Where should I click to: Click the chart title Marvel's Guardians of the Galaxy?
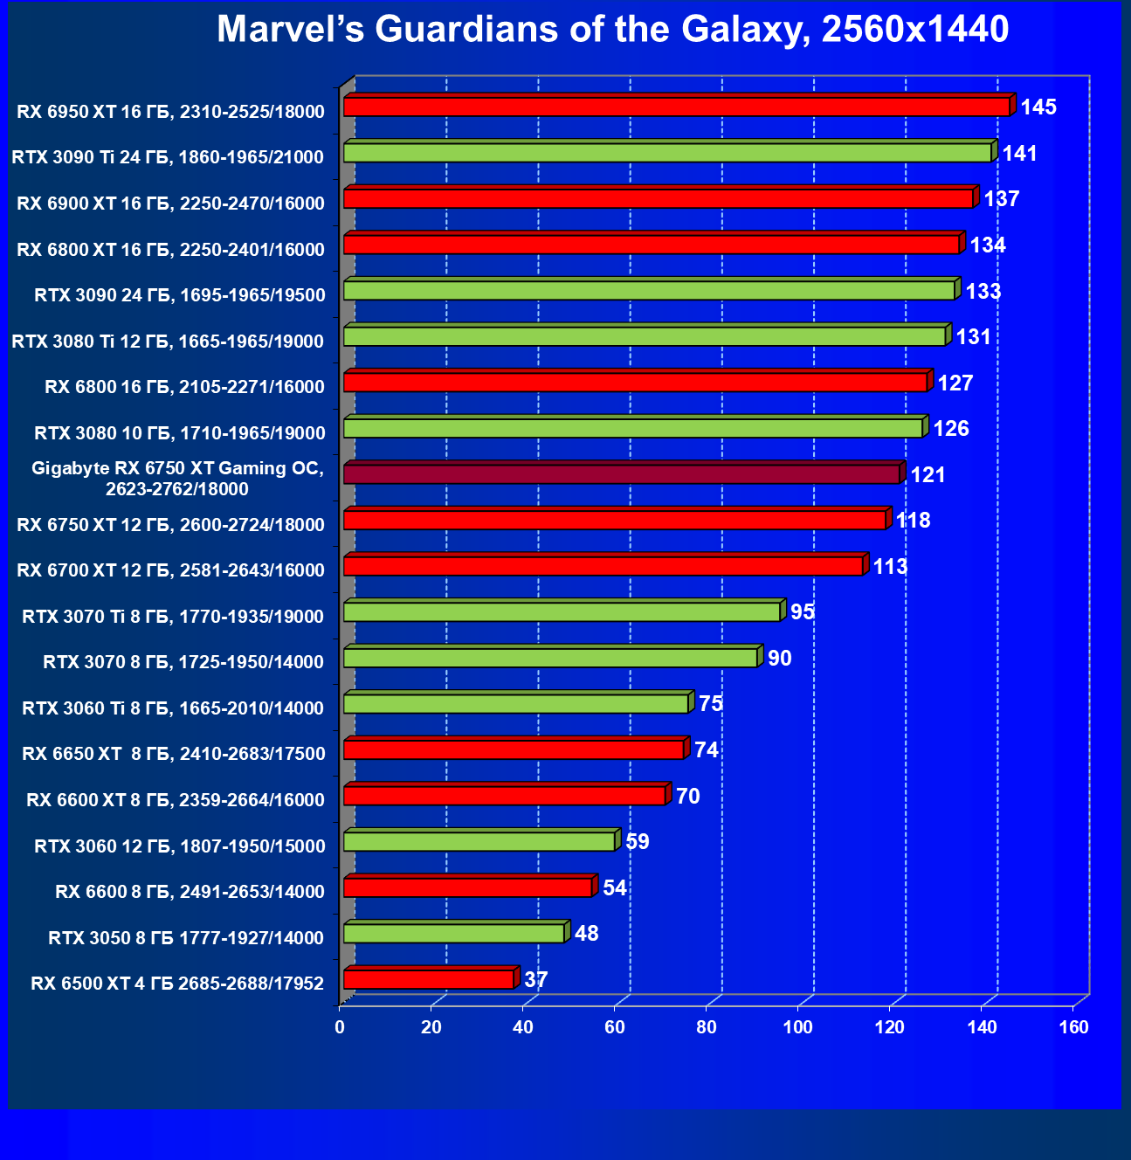point(612,30)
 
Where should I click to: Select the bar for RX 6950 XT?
point(676,107)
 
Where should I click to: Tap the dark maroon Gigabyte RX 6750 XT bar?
point(621,474)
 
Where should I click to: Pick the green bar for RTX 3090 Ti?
point(667,153)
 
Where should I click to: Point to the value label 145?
point(1038,107)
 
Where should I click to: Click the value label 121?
point(928,475)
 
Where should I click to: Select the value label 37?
point(535,980)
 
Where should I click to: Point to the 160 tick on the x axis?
point(1073,1027)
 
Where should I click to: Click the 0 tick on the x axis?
point(340,1027)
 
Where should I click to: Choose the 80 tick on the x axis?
point(707,1027)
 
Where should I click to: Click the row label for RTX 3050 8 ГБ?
point(186,938)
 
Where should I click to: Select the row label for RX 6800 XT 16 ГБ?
point(170,250)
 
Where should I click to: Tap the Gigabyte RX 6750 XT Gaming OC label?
point(177,479)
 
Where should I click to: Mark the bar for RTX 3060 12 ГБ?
point(479,841)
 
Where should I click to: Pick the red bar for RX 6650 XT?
point(514,749)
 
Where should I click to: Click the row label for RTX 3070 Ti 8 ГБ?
point(173,617)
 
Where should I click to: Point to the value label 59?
point(638,842)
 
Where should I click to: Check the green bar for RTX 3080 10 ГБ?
point(632,428)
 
